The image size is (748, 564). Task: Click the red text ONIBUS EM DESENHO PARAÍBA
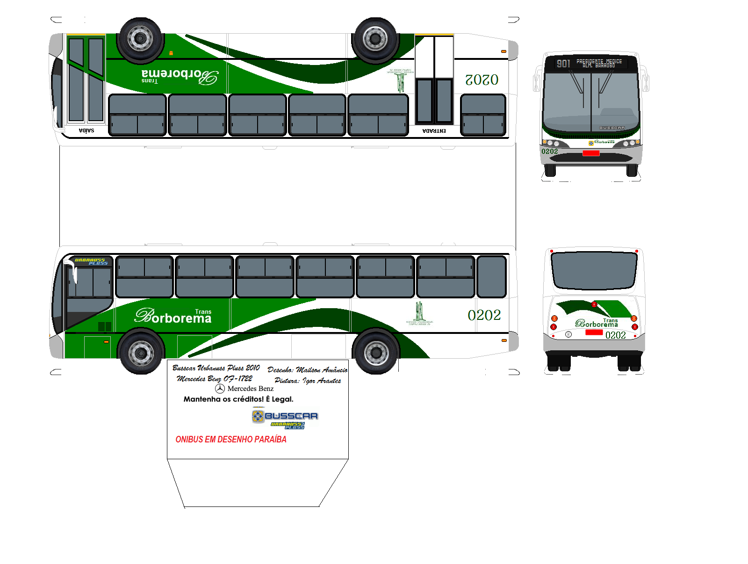click(x=231, y=440)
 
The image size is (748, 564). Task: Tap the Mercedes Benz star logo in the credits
click(x=220, y=389)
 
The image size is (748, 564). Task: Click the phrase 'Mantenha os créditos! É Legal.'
click(x=238, y=399)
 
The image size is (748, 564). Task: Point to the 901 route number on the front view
click(x=563, y=64)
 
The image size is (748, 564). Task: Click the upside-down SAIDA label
click(x=86, y=131)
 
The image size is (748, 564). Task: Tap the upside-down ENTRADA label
click(x=434, y=131)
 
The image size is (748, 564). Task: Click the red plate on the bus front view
click(x=591, y=153)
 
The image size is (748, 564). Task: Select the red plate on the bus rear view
click(x=594, y=332)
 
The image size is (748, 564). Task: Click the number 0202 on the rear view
click(x=616, y=335)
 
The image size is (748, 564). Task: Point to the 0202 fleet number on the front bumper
click(x=550, y=152)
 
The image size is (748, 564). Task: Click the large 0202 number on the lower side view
click(x=484, y=315)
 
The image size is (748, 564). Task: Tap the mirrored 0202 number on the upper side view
click(x=482, y=80)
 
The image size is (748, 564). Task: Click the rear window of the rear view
click(x=594, y=270)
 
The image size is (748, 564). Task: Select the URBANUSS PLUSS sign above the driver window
click(x=91, y=261)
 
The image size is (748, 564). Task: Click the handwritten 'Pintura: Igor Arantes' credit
click(x=308, y=381)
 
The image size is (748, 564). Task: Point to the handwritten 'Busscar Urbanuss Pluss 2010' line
click(x=216, y=368)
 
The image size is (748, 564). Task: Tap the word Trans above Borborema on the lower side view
click(x=203, y=312)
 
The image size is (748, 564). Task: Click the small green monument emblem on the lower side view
click(x=419, y=312)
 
